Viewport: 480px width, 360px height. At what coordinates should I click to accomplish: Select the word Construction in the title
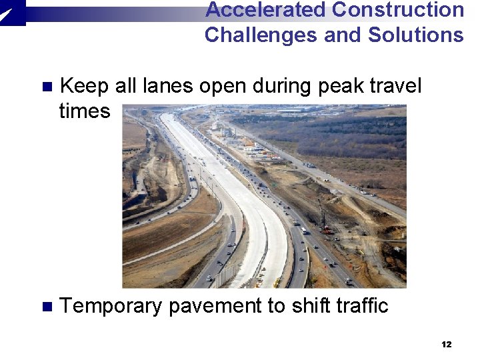click(x=398, y=10)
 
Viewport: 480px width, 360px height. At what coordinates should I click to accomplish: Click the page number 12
click(x=446, y=344)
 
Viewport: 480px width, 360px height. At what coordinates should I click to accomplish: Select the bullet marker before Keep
click(x=46, y=87)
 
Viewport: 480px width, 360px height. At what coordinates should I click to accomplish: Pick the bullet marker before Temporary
click(x=46, y=307)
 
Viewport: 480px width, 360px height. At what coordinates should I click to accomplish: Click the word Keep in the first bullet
click(x=85, y=86)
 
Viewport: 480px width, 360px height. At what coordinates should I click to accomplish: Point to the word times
click(x=85, y=111)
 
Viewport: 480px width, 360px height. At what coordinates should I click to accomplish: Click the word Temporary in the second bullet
click(x=111, y=306)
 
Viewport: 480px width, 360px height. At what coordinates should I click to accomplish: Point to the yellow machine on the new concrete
click(x=276, y=283)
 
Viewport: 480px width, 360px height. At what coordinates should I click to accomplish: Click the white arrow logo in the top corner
click(x=11, y=11)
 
